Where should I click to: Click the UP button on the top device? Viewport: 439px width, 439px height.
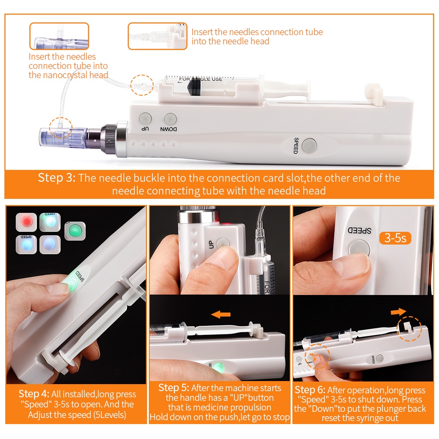[x=145, y=119]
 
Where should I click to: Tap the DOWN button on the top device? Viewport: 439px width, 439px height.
[x=170, y=119]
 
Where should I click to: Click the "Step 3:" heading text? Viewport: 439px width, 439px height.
[x=57, y=178]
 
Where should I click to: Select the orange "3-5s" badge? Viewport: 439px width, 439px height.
[x=395, y=238]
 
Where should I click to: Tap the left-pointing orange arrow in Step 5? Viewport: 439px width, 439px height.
[x=221, y=315]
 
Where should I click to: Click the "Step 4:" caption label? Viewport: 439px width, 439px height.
[x=34, y=394]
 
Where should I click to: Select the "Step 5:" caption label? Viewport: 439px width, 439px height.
[x=174, y=388]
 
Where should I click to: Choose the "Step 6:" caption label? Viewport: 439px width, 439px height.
[x=310, y=390]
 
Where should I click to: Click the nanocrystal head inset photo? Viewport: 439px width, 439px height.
[x=59, y=36]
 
